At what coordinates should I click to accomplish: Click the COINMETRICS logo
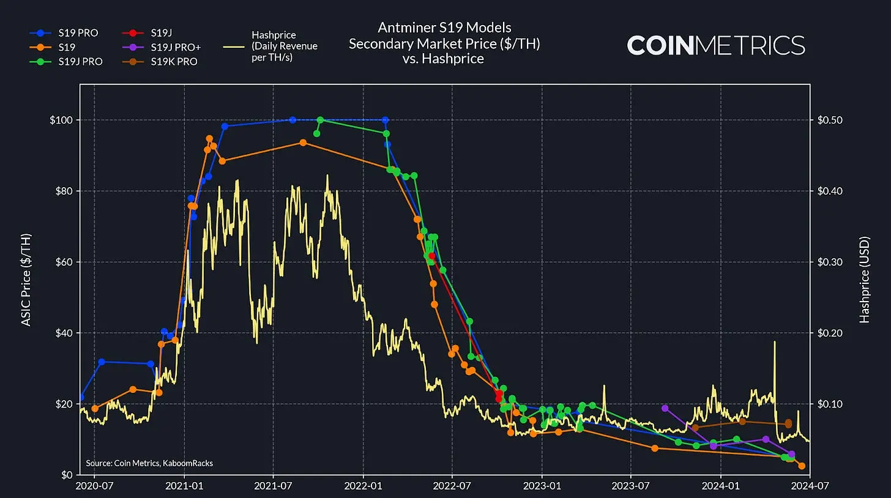(716, 45)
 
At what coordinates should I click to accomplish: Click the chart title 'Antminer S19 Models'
(444, 28)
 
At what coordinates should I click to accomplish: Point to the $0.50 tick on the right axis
(830, 120)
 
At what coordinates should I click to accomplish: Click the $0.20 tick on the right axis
(830, 333)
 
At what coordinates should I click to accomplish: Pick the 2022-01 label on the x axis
(363, 486)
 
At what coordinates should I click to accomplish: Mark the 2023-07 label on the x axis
(631, 486)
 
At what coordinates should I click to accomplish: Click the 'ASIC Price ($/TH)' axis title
(26, 279)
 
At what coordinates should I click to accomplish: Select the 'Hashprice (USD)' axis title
(865, 279)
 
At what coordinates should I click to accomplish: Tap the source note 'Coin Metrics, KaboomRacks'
(149, 463)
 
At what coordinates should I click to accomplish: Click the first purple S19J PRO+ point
(665, 408)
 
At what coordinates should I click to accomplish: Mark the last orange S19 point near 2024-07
(802, 466)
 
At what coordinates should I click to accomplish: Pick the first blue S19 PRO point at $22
(81, 398)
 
